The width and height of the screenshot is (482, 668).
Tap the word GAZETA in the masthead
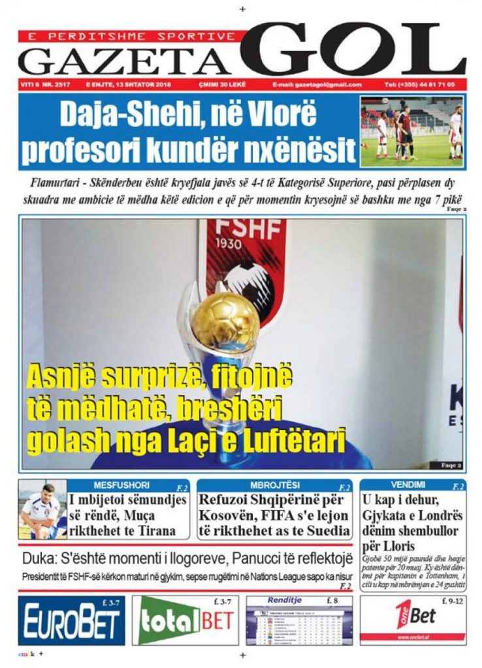(125, 61)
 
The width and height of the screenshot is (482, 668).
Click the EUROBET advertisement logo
(71, 620)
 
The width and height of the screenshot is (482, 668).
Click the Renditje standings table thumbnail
(299, 624)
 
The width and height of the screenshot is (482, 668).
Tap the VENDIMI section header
(408, 485)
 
